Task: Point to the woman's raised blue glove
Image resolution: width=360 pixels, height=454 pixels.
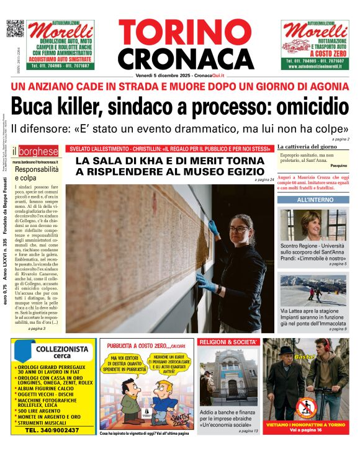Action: click(x=214, y=228)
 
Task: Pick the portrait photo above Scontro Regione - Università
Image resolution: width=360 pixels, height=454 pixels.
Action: click(x=313, y=225)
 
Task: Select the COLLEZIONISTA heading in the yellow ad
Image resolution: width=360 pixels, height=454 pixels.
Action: click(x=56, y=350)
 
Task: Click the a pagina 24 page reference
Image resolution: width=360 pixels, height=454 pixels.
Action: click(x=264, y=180)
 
